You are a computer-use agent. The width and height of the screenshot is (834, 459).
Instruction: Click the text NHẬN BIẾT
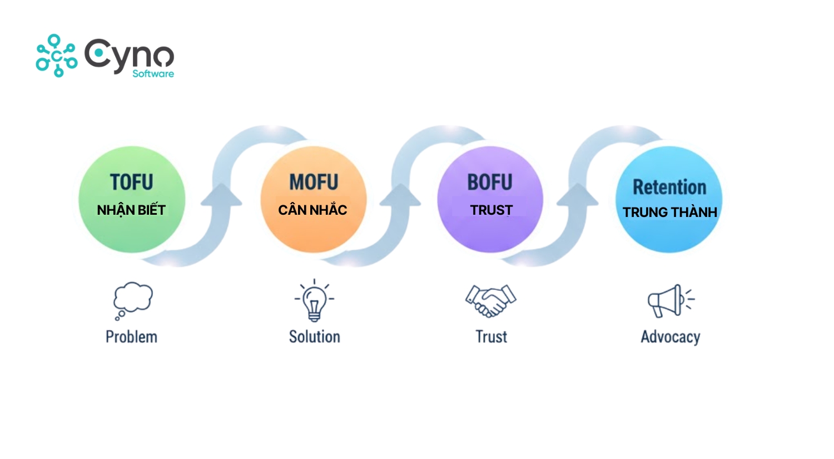(x=131, y=210)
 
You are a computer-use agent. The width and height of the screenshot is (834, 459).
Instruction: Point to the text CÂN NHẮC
(x=312, y=210)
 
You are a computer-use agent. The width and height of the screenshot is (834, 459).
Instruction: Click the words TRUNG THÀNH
(x=669, y=213)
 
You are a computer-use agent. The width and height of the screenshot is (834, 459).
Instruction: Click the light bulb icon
(x=314, y=301)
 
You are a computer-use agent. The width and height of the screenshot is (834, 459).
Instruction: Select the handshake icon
(x=490, y=300)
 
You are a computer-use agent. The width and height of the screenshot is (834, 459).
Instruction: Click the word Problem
(x=132, y=337)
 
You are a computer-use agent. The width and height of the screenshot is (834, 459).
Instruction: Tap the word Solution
(x=314, y=337)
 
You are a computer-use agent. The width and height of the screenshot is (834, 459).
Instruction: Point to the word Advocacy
(x=670, y=337)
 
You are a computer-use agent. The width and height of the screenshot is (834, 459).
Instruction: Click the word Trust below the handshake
(x=491, y=337)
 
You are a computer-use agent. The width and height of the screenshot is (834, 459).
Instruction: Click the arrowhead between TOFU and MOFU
(x=221, y=195)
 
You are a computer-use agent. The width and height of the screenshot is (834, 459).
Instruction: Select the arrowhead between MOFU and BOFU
(x=400, y=195)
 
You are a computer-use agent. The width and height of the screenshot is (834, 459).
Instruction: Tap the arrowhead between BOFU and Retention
(x=578, y=195)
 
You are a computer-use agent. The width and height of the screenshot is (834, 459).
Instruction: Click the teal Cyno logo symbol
(x=56, y=56)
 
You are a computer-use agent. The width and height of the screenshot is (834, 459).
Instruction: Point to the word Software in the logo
(x=153, y=73)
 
